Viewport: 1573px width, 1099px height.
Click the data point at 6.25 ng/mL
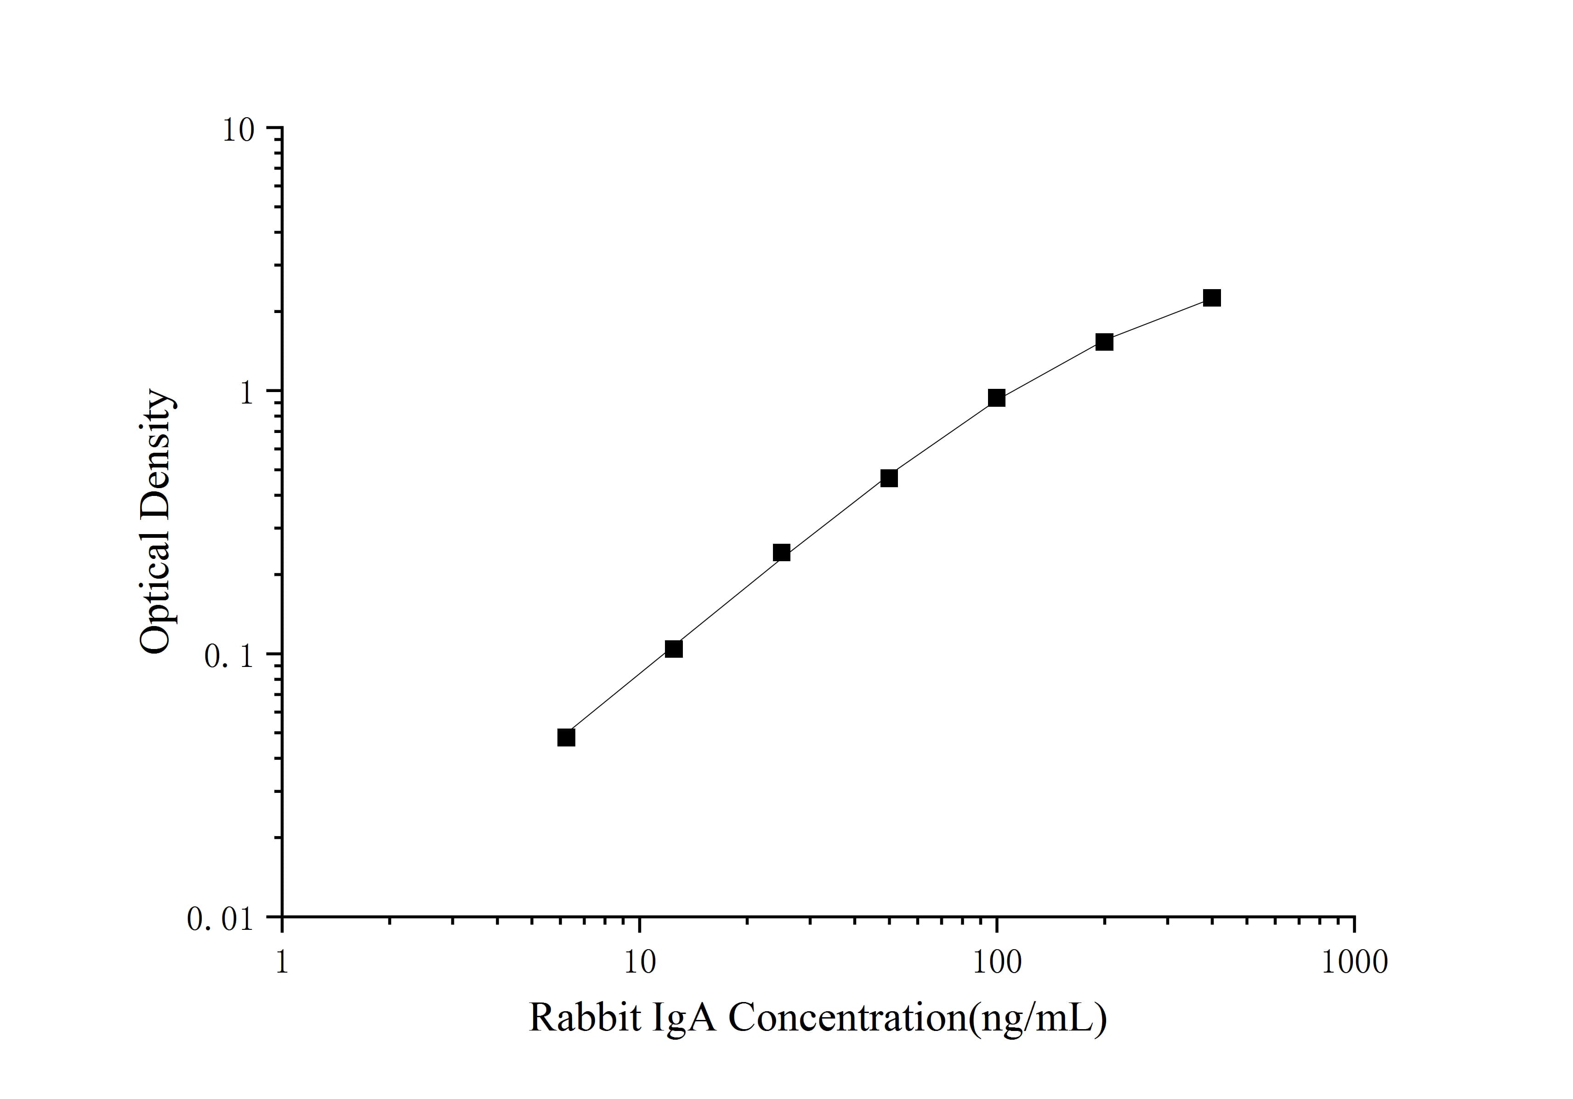point(566,737)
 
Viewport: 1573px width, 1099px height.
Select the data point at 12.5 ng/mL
point(674,648)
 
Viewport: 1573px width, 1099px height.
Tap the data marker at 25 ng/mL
point(781,552)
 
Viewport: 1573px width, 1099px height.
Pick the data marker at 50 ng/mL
point(889,478)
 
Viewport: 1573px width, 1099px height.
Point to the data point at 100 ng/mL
point(996,398)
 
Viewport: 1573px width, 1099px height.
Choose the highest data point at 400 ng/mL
point(1211,298)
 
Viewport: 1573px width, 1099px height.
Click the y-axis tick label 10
point(237,130)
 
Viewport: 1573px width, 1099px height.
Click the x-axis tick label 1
point(282,962)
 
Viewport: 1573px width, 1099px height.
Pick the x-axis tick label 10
point(639,962)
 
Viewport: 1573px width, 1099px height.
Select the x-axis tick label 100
point(996,962)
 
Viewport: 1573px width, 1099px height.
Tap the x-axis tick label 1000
point(1354,962)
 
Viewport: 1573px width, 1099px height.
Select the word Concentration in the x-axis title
point(847,1018)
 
